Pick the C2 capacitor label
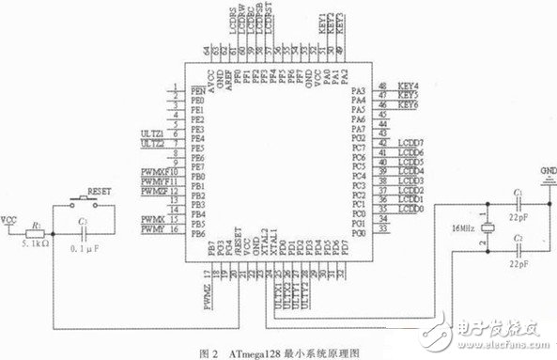pyautogui.click(x=518, y=242)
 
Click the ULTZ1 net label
pyautogui.click(x=152, y=134)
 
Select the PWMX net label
pyautogui.click(x=153, y=218)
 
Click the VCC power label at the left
pyautogui.click(x=8, y=219)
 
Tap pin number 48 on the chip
pyautogui.click(x=382, y=86)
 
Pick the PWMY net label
pyautogui.click(x=153, y=228)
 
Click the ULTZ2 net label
pyautogui.click(x=152, y=145)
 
